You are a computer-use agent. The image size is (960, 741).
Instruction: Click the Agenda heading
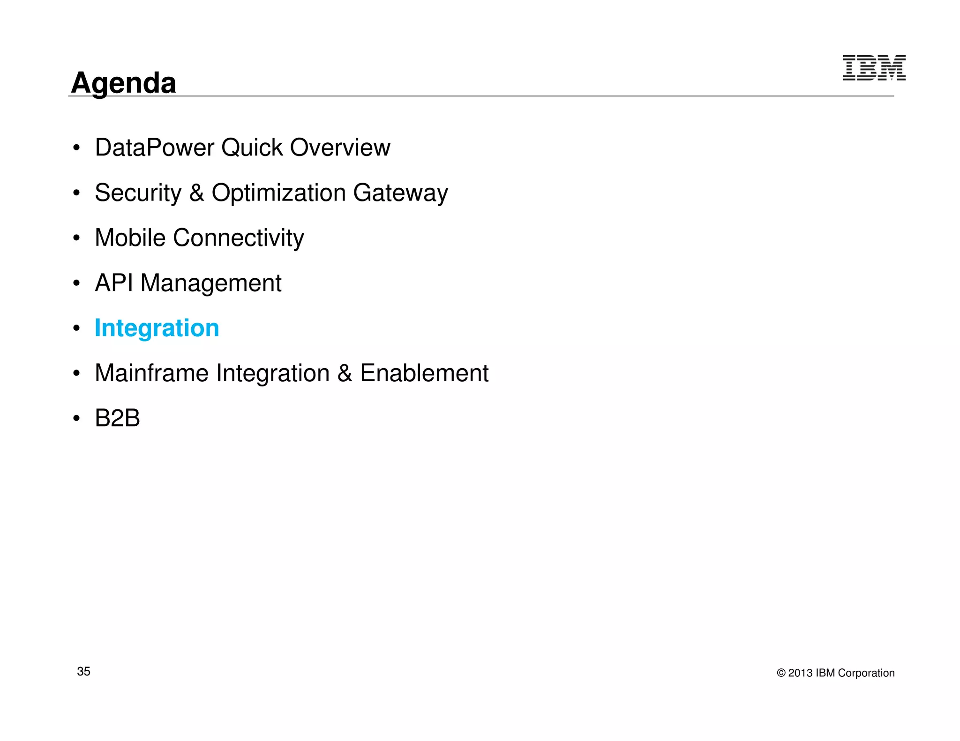(123, 83)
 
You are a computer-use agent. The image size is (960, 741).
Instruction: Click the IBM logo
(874, 68)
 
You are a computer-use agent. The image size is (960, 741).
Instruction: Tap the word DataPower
(154, 148)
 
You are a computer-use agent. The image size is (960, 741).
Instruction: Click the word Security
(138, 193)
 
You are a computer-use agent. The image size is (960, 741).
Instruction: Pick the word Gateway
(400, 193)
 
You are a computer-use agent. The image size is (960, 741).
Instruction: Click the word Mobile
(130, 237)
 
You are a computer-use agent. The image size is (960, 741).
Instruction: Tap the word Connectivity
(238, 238)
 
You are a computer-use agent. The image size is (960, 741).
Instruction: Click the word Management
(211, 283)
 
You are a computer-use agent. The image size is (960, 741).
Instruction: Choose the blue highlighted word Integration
(157, 328)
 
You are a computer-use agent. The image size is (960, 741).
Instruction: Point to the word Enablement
(424, 373)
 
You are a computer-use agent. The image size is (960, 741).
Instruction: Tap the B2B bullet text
(117, 418)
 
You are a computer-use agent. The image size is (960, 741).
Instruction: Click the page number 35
(83, 671)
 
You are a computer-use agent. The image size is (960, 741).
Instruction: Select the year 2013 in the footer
(800, 673)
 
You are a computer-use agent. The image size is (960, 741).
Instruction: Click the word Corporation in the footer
(866, 673)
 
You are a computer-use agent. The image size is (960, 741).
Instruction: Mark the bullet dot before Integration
(76, 328)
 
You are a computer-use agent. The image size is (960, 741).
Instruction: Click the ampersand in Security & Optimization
(196, 193)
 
